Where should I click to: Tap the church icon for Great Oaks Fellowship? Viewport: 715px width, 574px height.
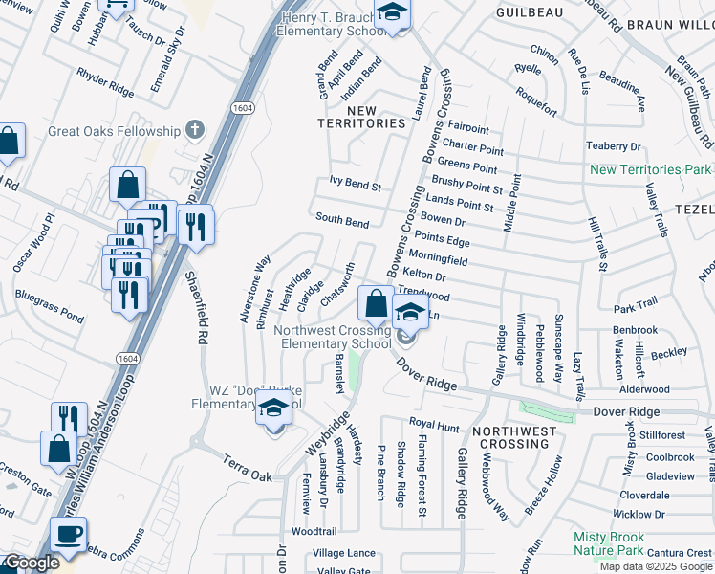point(195,128)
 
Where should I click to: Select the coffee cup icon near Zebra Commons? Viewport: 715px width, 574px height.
point(68,535)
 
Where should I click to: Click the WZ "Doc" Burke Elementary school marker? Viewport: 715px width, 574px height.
point(273,409)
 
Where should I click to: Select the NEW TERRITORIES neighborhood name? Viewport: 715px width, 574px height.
point(362,118)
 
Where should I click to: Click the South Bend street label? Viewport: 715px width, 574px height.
point(342,222)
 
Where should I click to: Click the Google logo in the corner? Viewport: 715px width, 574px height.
point(30,563)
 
